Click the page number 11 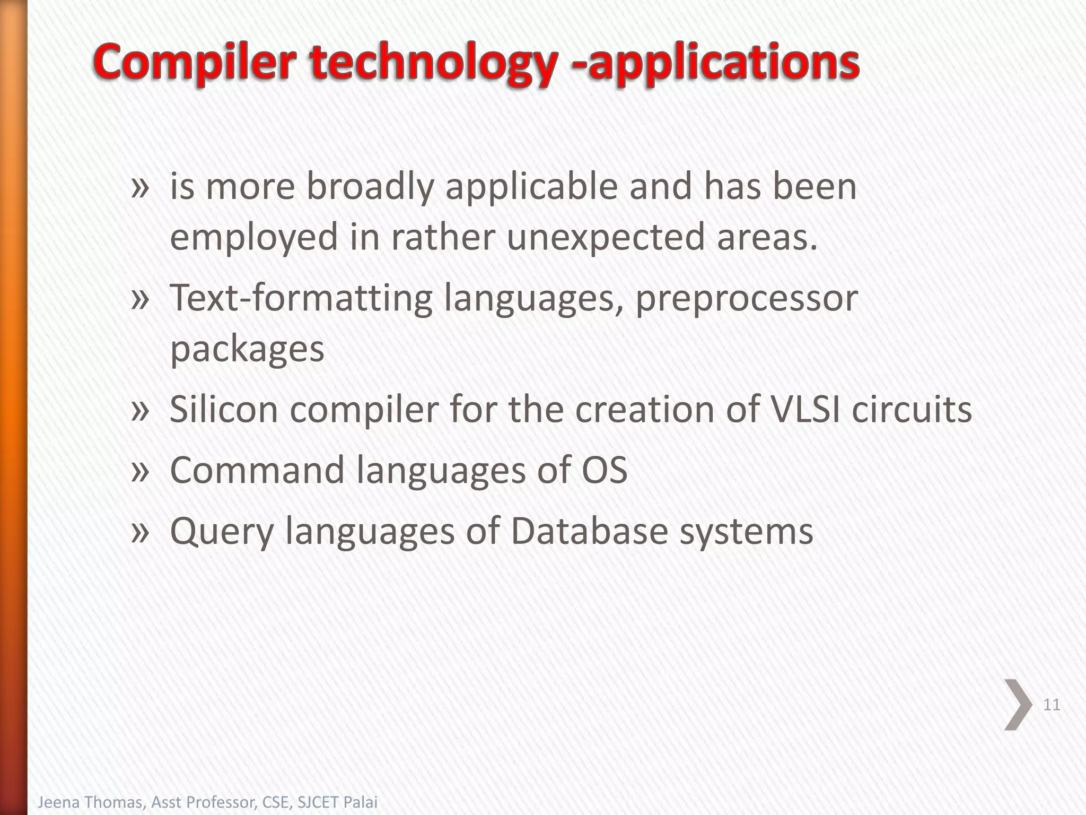[1051, 705]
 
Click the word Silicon [223, 410]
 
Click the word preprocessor [746, 298]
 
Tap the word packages [247, 349]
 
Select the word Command [257, 470]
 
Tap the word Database [589, 531]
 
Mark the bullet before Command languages [140, 470]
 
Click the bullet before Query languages [140, 531]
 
